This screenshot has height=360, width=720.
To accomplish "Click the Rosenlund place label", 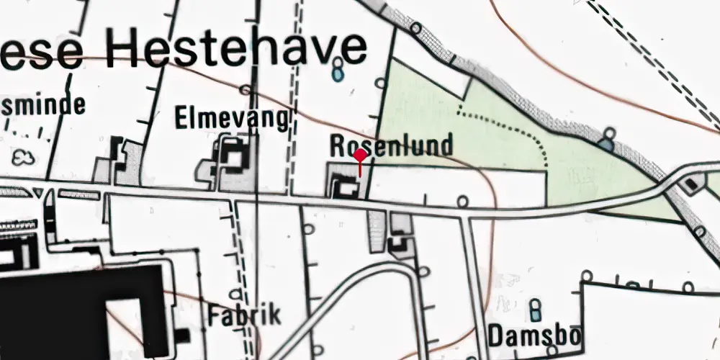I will [x=392, y=146].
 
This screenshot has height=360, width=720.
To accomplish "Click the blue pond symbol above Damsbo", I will [x=535, y=310].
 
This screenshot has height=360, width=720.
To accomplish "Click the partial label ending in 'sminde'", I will [x=43, y=105].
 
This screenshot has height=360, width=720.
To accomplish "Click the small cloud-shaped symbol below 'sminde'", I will [x=24, y=156].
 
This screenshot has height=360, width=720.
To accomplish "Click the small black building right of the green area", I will [x=692, y=184].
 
